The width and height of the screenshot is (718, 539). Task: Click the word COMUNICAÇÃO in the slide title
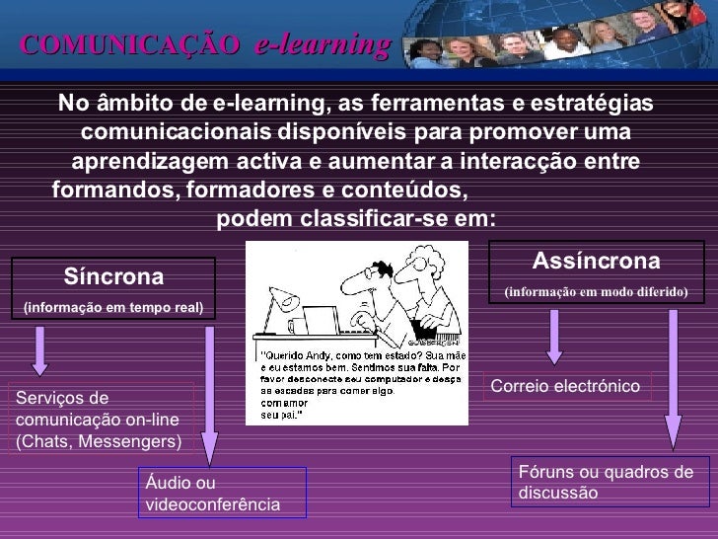click(x=129, y=44)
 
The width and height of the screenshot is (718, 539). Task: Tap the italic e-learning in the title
click(x=322, y=44)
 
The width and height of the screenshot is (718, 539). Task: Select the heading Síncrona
click(x=113, y=273)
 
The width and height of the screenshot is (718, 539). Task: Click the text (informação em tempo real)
click(x=113, y=307)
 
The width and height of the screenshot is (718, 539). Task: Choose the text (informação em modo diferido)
click(x=595, y=293)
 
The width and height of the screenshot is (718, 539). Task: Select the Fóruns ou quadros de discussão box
click(x=605, y=482)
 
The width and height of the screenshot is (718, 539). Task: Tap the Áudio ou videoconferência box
click(x=221, y=493)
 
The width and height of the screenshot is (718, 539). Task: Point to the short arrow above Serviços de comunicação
click(x=39, y=350)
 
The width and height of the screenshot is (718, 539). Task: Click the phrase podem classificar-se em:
click(x=356, y=217)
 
